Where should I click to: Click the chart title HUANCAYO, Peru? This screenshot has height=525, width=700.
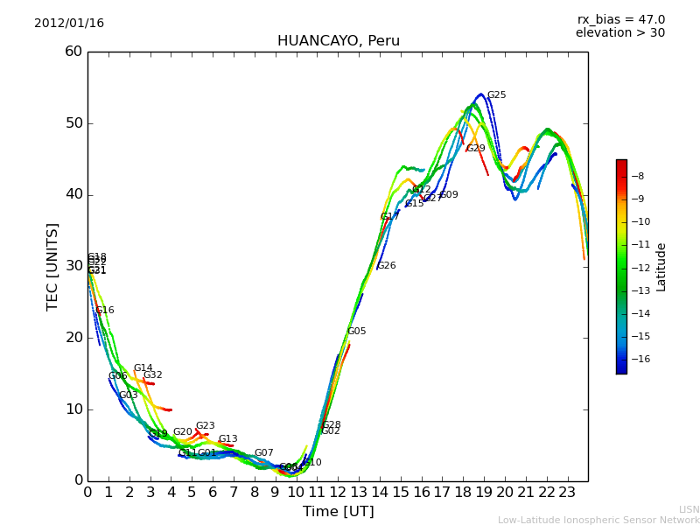click(x=338, y=41)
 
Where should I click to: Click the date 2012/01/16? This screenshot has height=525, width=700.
click(x=69, y=24)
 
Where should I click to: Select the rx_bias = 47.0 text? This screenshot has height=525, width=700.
click(x=620, y=20)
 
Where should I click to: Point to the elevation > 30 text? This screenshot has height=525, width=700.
click(x=619, y=33)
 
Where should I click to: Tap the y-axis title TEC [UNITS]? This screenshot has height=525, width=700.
click(x=52, y=266)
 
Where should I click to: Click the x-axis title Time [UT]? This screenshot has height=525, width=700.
click(x=338, y=512)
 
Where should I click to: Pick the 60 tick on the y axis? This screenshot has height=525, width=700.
click(x=73, y=52)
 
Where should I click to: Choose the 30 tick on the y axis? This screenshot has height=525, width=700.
click(x=73, y=266)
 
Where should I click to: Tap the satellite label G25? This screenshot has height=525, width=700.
click(x=496, y=95)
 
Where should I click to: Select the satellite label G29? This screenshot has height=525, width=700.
click(x=475, y=149)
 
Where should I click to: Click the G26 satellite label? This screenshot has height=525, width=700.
click(x=386, y=266)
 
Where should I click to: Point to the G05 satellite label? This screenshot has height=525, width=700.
click(x=356, y=332)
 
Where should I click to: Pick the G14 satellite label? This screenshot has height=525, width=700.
click(x=143, y=368)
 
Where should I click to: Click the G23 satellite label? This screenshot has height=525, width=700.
click(x=205, y=426)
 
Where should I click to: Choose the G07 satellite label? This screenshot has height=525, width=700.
click(x=263, y=453)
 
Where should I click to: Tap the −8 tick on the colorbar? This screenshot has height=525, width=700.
click(x=638, y=176)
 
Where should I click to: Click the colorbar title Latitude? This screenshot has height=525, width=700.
click(x=661, y=267)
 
